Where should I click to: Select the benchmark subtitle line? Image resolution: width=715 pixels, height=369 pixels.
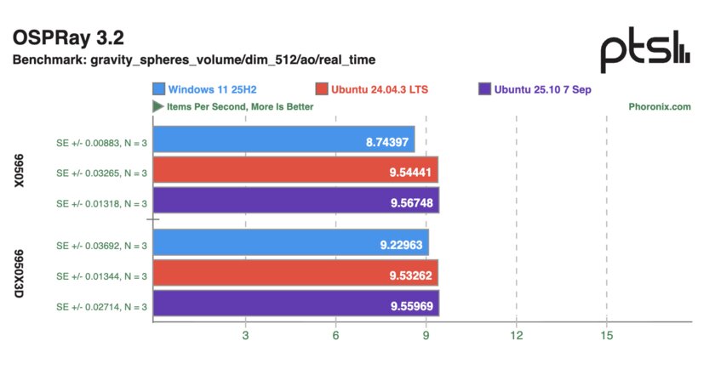(x=193, y=60)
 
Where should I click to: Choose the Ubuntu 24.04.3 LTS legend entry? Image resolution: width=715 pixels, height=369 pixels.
(x=379, y=89)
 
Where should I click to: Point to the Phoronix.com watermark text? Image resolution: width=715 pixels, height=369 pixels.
(x=659, y=107)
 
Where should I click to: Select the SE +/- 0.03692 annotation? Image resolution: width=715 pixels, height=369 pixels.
(x=101, y=245)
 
